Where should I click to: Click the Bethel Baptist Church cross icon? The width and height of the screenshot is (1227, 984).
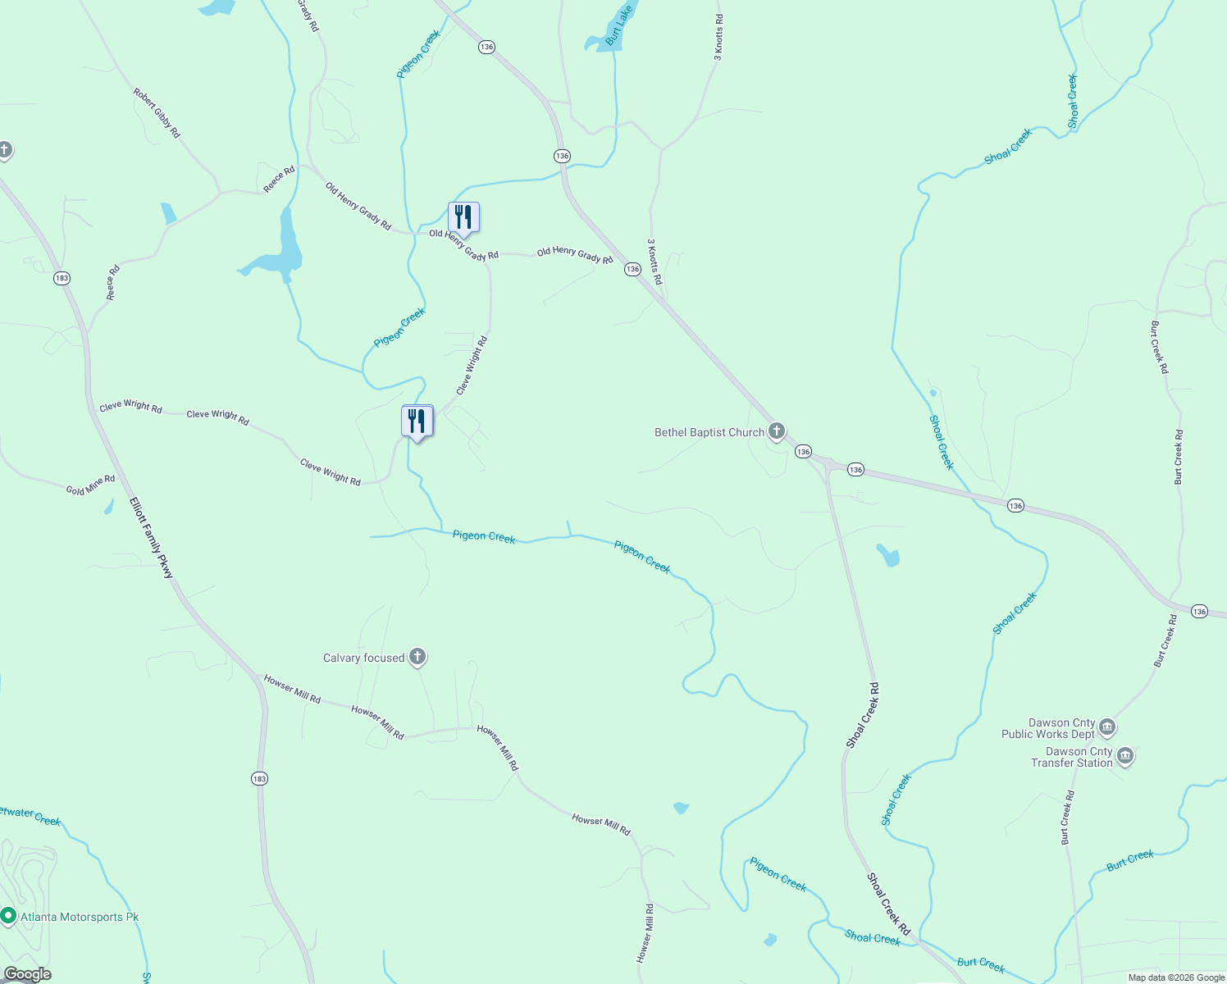[777, 431]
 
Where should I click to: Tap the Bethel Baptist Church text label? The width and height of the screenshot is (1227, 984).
[709, 432]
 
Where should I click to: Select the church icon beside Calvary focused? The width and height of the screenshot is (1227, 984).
[417, 657]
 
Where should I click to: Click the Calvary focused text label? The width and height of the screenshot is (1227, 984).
[363, 658]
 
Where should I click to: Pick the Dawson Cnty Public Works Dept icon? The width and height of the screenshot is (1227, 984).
[1106, 727]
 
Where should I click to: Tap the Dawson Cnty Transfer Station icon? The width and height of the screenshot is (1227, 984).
[1125, 756]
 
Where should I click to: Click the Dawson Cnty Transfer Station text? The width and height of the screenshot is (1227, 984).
[1071, 757]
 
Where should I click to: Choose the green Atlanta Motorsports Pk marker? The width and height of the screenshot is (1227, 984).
[8, 915]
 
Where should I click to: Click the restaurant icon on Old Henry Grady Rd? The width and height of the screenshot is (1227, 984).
[463, 217]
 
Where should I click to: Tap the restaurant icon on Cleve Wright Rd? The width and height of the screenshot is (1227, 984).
[417, 421]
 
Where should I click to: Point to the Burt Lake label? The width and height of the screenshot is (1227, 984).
[618, 26]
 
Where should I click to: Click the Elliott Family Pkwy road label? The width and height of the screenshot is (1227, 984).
[152, 538]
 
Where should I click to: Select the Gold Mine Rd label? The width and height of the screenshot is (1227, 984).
[90, 485]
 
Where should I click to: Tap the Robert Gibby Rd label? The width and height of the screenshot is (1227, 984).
[157, 113]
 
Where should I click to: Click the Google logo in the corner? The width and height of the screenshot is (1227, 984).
[27, 974]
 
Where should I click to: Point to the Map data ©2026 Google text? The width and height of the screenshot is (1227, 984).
[1175, 977]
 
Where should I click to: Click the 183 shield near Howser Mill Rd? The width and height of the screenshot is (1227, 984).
[259, 778]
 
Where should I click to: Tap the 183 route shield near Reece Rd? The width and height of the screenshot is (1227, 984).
[62, 278]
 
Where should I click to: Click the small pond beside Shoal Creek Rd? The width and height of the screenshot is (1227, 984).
[888, 556]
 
